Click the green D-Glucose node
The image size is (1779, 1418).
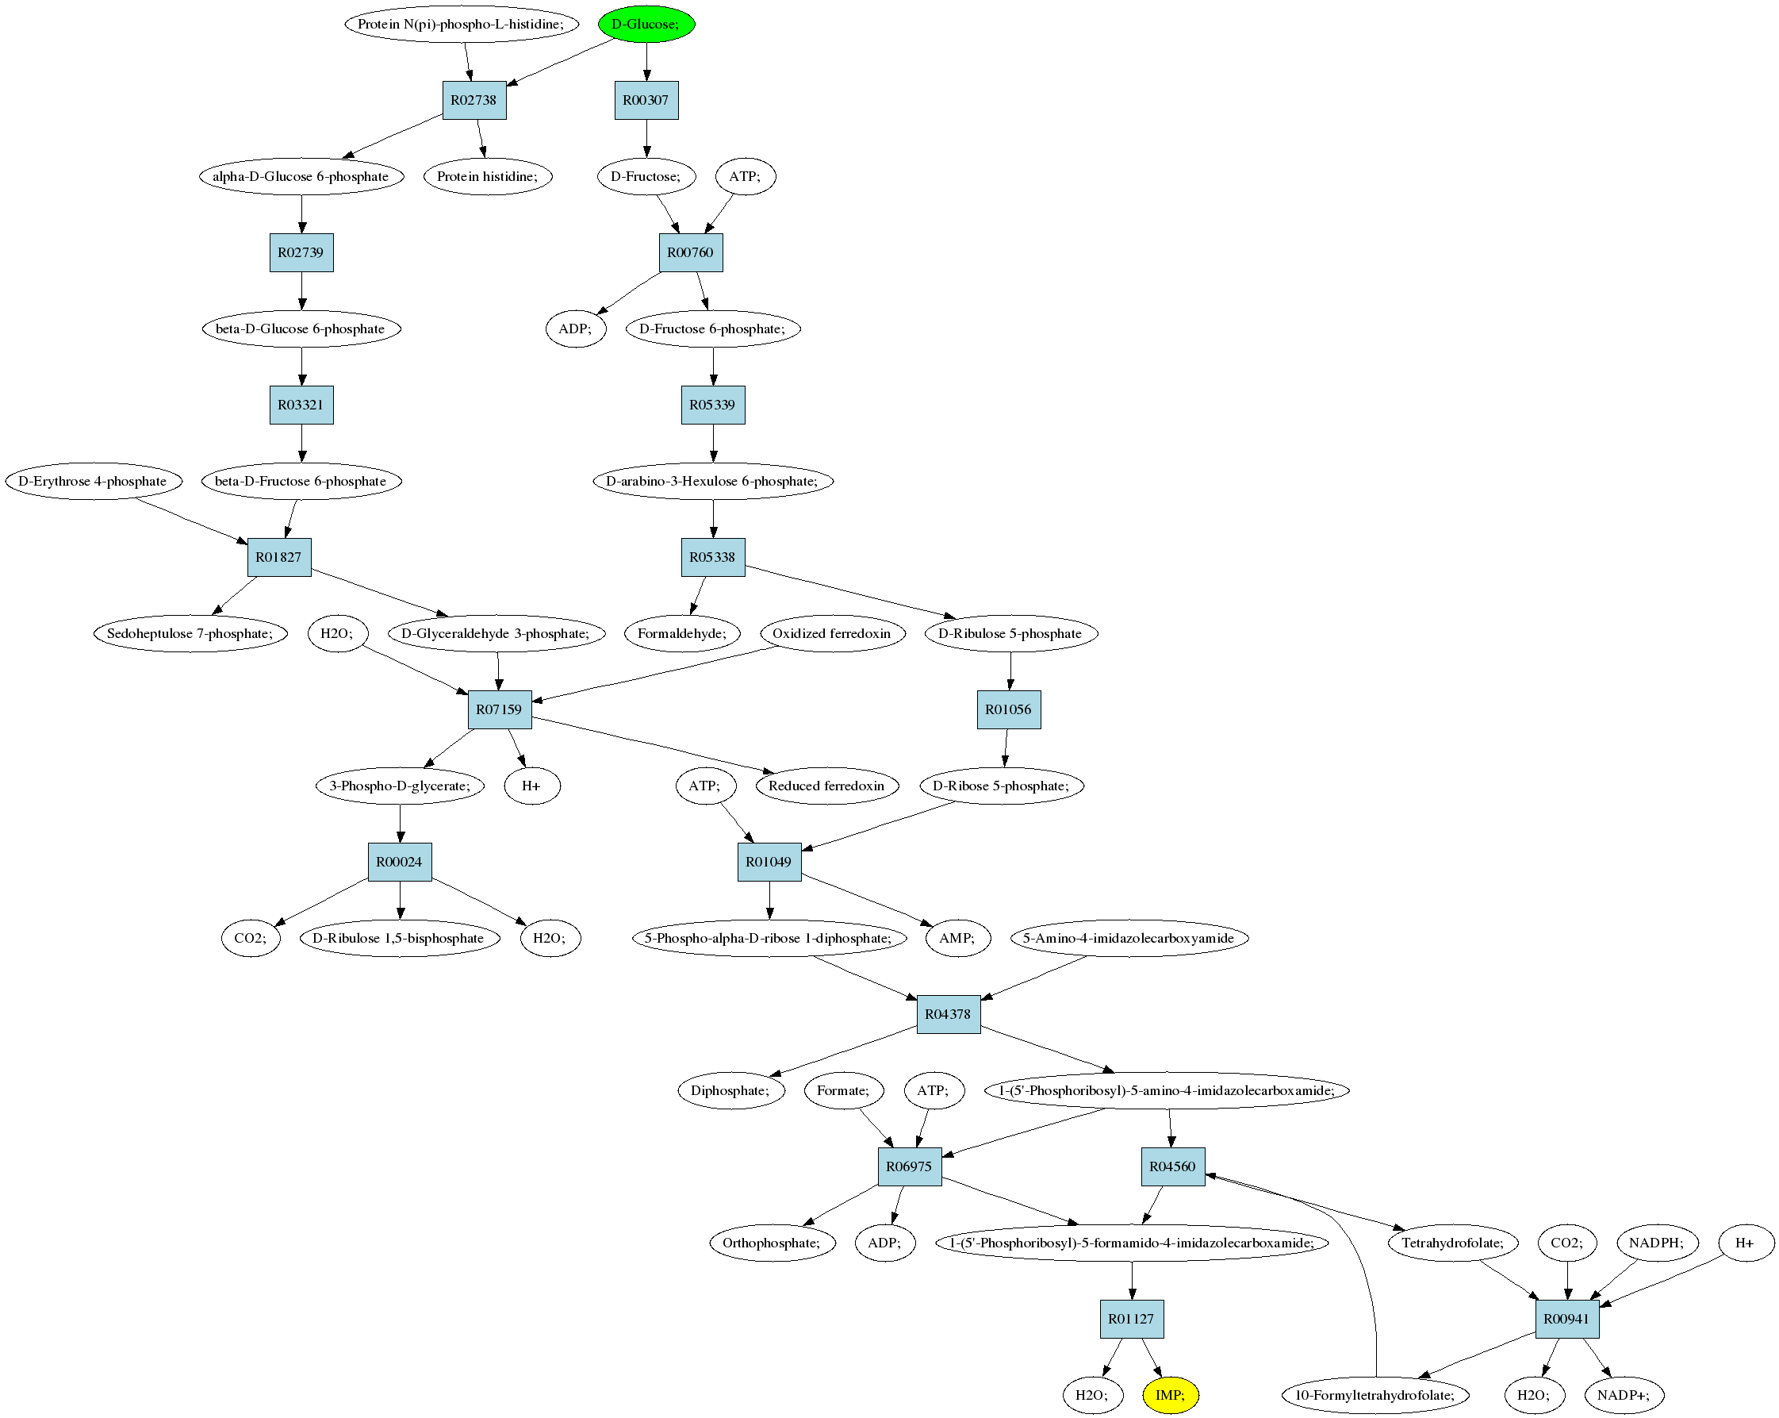tap(646, 24)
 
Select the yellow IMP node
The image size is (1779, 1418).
tap(1170, 1395)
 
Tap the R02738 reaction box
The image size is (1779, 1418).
tap(474, 100)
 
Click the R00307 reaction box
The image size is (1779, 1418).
tap(646, 100)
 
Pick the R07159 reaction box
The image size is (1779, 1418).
tap(499, 709)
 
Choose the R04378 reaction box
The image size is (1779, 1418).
tap(948, 1013)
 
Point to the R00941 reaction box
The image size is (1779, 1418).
tap(1567, 1319)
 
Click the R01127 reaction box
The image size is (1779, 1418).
tap(1131, 1319)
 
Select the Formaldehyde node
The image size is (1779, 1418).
tap(682, 633)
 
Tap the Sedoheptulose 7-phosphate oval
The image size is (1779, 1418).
tap(190, 633)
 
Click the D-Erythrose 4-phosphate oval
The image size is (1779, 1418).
tap(94, 481)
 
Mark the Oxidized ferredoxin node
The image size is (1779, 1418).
tap(833, 633)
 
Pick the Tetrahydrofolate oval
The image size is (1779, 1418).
tap(1453, 1242)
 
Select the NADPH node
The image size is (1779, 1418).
tap(1657, 1242)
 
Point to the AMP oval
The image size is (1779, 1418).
tap(958, 938)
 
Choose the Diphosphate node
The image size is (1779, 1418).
tap(731, 1090)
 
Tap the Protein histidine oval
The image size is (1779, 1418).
tap(488, 176)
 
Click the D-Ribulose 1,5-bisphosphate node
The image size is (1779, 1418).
tap(400, 938)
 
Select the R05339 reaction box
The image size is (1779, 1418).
tap(713, 405)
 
